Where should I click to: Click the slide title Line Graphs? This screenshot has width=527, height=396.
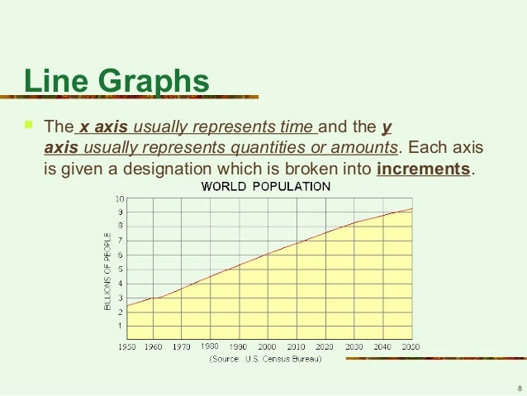click(x=116, y=83)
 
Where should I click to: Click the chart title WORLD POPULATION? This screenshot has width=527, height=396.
click(x=267, y=186)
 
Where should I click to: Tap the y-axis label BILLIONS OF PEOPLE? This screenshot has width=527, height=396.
click(x=107, y=270)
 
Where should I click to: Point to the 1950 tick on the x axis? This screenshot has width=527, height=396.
click(x=126, y=347)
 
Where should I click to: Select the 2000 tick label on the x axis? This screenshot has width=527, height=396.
click(x=267, y=347)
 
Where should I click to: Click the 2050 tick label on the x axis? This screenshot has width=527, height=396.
click(x=411, y=347)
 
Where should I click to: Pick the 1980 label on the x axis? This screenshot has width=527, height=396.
click(x=210, y=347)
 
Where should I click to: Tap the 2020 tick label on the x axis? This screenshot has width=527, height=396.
click(x=325, y=347)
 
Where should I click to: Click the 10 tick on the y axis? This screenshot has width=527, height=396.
click(x=120, y=198)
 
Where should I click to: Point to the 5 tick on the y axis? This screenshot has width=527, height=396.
click(x=121, y=270)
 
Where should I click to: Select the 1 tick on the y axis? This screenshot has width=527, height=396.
click(x=121, y=326)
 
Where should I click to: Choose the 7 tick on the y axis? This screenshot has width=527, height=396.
click(x=121, y=241)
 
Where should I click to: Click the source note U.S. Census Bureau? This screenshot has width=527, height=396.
click(x=266, y=360)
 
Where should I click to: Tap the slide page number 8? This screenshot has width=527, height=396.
click(x=519, y=387)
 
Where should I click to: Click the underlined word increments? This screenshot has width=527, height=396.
click(x=423, y=170)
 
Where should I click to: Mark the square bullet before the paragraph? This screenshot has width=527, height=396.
click(x=29, y=126)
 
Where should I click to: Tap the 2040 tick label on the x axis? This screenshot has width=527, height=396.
click(x=382, y=347)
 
